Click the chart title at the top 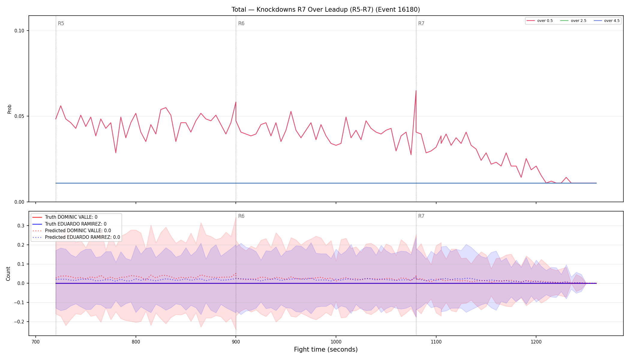tap(325, 10)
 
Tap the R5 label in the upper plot tap(61, 23)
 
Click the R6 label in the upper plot tap(241, 23)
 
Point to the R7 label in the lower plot tap(421, 216)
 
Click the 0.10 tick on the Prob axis tap(19, 31)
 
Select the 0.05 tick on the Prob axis tap(19, 116)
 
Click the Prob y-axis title tap(9, 109)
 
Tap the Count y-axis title tap(8, 274)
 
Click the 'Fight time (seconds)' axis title tap(326, 349)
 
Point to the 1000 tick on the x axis tap(336, 342)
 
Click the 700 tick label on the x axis tap(36, 342)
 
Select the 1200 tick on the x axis tap(536, 342)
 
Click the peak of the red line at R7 tap(416, 91)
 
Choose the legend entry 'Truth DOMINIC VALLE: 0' tap(71, 217)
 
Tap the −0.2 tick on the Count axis tap(19, 322)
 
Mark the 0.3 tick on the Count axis tap(21, 226)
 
